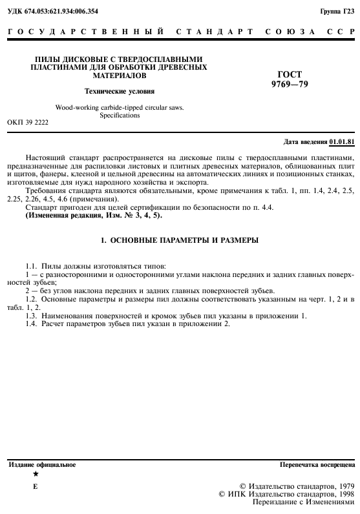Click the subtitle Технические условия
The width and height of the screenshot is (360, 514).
[x=120, y=91]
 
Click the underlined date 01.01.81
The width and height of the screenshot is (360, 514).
[x=342, y=141]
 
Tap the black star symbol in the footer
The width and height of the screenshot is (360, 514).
[x=36, y=473]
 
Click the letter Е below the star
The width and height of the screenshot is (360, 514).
[x=36, y=485]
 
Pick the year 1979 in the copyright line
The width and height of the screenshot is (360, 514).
[x=343, y=485]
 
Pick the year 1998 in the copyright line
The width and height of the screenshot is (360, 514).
[x=343, y=493]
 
